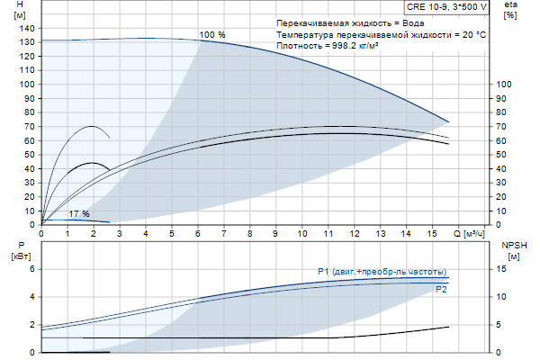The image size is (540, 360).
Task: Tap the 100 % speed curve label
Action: [x=212, y=34]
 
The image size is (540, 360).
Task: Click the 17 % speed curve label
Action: [x=79, y=213]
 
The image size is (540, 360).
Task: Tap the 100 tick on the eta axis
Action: [x=504, y=84]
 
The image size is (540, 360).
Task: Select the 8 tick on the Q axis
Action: [x=250, y=233]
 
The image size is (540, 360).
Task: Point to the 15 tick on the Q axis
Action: [x=433, y=233]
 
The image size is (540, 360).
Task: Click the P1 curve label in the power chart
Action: [x=382, y=272]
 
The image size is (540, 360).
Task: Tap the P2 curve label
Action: [x=440, y=290]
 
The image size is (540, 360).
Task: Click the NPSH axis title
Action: [x=512, y=245]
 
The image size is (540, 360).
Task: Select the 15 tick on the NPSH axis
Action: [x=501, y=268]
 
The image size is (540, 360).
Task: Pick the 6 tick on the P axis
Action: [x=31, y=268]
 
